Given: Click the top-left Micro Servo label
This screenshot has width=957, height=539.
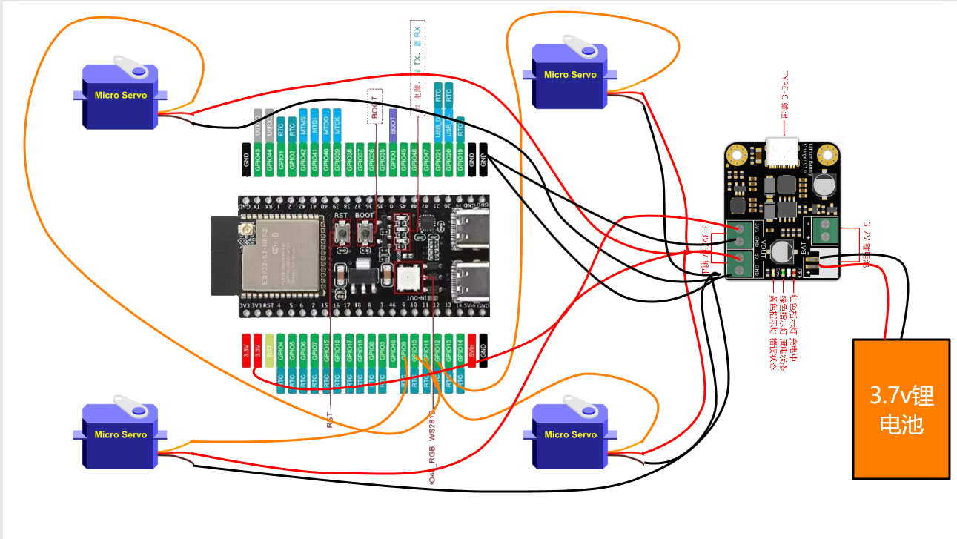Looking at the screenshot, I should (121, 95).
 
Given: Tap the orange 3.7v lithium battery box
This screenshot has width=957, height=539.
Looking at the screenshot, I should (901, 409).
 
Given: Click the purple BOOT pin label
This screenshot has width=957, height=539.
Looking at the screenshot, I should (393, 125).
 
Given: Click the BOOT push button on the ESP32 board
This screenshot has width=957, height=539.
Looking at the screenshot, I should (365, 235).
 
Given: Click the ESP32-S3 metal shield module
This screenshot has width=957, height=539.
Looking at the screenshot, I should (279, 252).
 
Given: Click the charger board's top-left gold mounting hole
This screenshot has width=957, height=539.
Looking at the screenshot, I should (736, 154).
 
